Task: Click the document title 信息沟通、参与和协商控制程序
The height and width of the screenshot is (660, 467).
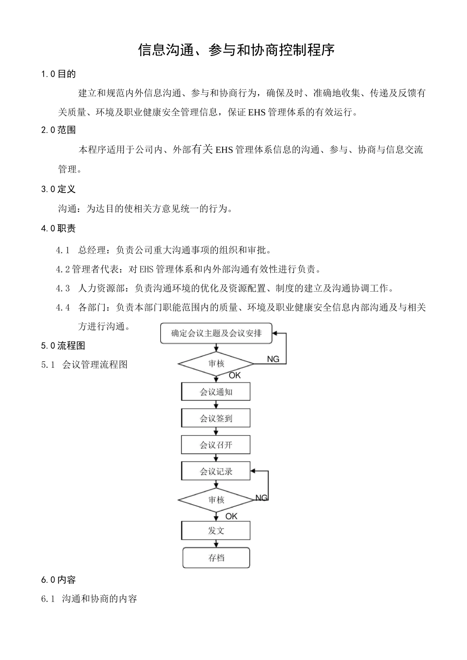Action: click(236, 50)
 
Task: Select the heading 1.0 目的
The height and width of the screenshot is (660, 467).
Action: click(58, 74)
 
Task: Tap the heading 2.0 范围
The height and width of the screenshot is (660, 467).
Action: click(58, 130)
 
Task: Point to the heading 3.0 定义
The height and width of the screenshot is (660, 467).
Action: click(58, 189)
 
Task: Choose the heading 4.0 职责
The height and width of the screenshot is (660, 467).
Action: click(58, 228)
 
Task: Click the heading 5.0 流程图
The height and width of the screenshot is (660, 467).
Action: click(63, 346)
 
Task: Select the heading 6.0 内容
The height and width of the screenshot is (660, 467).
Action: click(58, 579)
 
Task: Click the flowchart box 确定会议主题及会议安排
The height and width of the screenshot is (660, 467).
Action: click(216, 333)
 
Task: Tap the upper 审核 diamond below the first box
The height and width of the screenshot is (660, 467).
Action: click(216, 364)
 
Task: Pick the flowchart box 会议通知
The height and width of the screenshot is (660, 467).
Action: click(216, 392)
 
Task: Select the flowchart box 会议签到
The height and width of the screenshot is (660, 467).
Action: click(216, 418)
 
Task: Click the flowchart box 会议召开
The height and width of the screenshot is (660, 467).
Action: click(216, 445)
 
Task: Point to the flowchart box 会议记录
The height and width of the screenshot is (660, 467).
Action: click(216, 471)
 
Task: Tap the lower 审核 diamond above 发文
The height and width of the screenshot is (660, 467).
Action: click(216, 500)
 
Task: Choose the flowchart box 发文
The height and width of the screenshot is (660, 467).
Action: click(216, 531)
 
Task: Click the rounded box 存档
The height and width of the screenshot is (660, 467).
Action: click(216, 558)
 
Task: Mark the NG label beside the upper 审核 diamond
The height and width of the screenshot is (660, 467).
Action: click(273, 359)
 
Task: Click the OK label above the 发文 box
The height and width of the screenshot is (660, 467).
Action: click(231, 517)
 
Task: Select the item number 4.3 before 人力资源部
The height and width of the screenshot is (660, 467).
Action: click(63, 288)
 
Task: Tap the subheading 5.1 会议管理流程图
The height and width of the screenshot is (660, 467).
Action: click(85, 364)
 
